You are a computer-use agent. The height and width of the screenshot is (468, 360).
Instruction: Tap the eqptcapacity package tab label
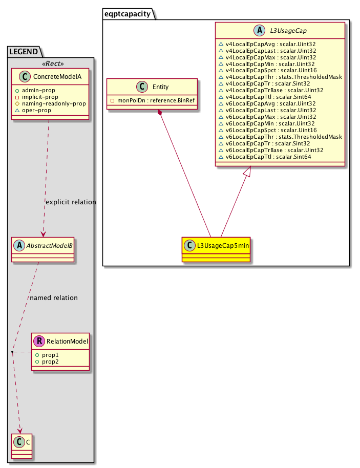click(128, 14)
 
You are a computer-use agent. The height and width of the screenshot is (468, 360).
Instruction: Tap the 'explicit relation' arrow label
click(71, 202)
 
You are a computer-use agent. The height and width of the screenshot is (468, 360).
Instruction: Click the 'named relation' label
click(54, 297)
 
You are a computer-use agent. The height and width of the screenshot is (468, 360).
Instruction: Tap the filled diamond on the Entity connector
click(160, 113)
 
